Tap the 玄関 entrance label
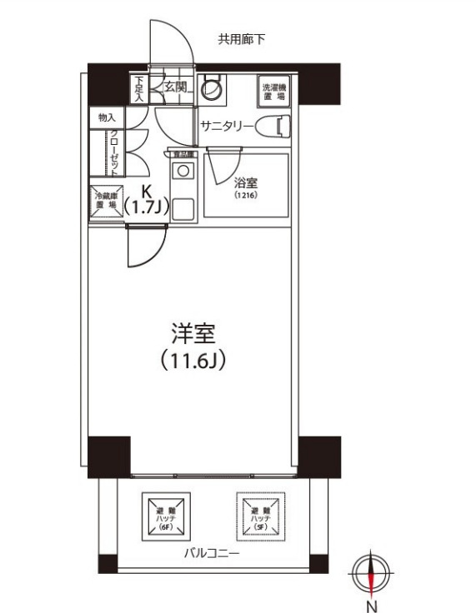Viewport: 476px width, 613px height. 173,86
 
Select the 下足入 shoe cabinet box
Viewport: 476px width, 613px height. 139,87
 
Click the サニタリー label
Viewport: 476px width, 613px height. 227,127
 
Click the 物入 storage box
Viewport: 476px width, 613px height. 107,118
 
